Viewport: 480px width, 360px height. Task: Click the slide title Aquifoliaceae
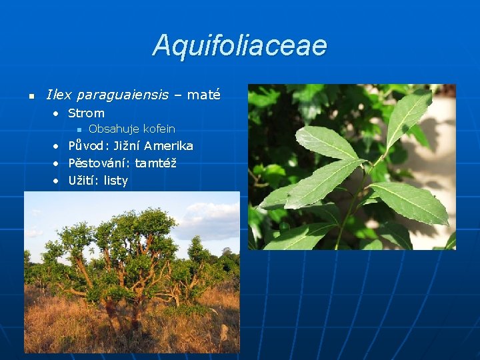(240, 45)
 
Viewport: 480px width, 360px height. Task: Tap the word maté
(203, 95)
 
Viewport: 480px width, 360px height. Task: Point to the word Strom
(86, 113)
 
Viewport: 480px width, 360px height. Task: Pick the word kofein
(159, 129)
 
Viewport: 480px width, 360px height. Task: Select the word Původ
(89, 146)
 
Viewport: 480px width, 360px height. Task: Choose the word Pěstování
(99, 163)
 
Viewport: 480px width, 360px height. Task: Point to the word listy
(115, 181)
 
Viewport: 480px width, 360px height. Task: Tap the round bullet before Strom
(57, 114)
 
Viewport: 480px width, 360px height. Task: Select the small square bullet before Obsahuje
(79, 129)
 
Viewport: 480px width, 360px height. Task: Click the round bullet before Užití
(57, 181)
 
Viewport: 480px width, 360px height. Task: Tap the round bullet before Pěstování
(57, 163)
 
